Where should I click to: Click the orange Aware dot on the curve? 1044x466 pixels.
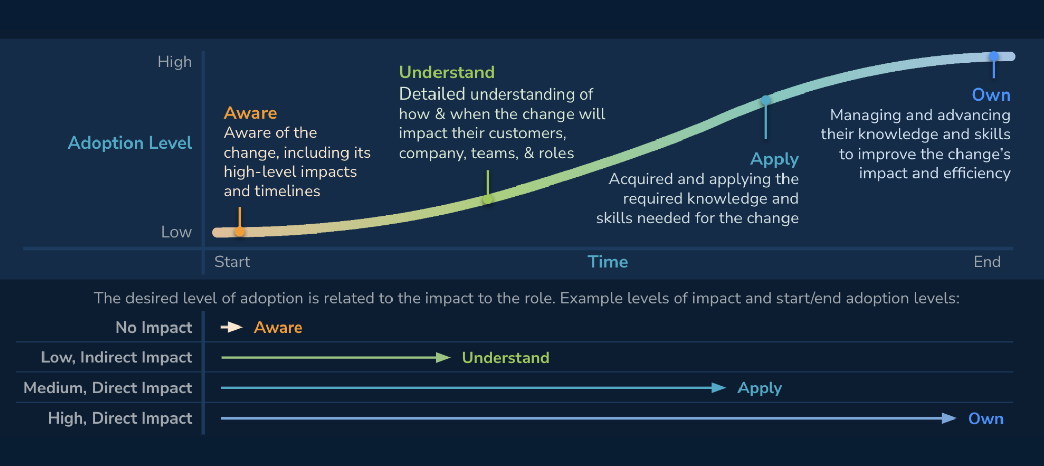pos(240,231)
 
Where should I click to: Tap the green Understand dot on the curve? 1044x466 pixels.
pos(488,199)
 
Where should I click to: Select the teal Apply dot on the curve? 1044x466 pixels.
pos(766,100)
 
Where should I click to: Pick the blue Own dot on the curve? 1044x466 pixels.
pos(994,56)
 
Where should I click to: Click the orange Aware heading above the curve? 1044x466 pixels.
pos(250,113)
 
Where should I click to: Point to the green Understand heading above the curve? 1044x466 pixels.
pos(447,72)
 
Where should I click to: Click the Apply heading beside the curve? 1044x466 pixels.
pos(774,159)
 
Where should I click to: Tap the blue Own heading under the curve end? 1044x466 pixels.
pos(991,95)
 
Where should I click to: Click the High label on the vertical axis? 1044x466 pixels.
pos(175,62)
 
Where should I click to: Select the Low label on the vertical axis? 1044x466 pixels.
pos(177,232)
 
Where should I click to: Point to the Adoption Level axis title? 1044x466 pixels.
pos(130,143)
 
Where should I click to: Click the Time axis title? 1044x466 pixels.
pos(607,262)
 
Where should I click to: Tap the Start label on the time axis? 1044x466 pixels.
pos(232,262)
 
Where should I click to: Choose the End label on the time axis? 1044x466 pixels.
pos(987,262)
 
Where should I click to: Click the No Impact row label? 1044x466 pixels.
pos(154,328)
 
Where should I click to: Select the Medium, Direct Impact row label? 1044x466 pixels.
pos(108,388)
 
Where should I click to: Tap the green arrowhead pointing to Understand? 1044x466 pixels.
pos(443,358)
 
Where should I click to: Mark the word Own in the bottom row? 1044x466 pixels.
pos(986,418)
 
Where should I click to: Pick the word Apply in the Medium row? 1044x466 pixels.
pos(760,388)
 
